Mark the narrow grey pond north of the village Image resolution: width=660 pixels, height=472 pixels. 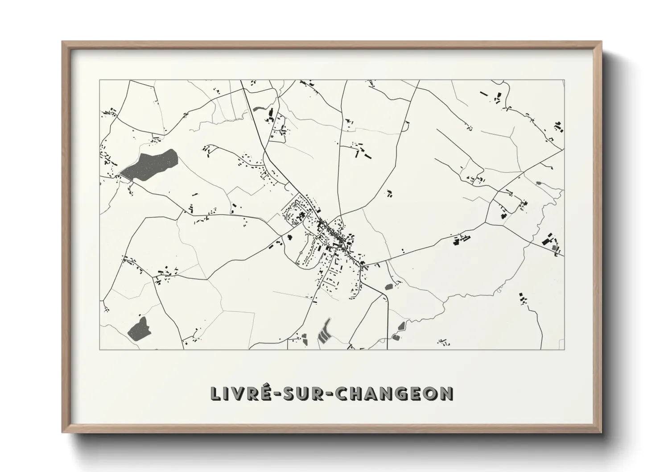tap(258, 108)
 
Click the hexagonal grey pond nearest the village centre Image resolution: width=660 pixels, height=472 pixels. tap(388, 286)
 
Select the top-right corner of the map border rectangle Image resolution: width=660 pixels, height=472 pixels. tap(564, 80)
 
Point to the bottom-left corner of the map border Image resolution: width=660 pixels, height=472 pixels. tap(99, 349)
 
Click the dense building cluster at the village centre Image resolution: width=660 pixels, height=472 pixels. tap(332, 234)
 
